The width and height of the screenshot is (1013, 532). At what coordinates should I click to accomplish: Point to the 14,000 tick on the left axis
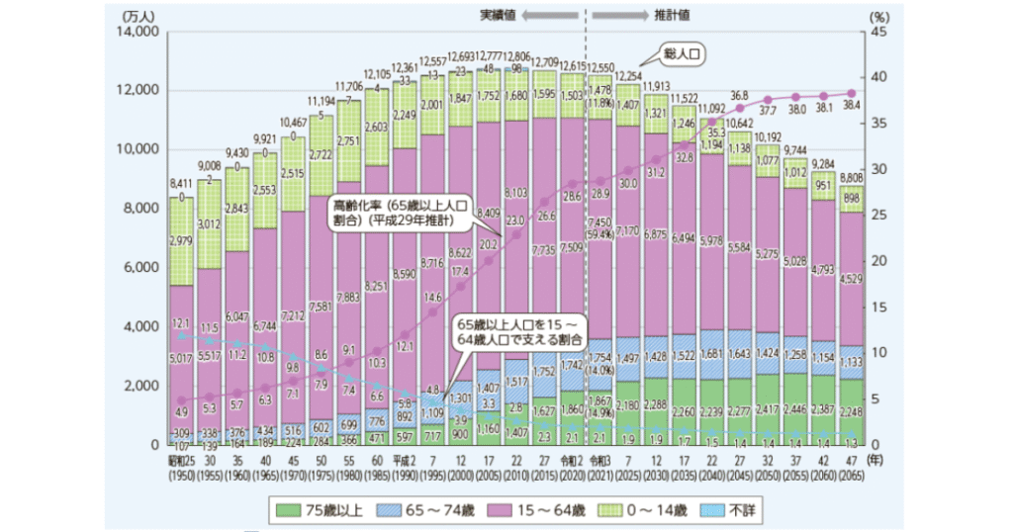point(138,32)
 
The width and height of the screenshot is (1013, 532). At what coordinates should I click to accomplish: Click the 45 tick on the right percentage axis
point(875,32)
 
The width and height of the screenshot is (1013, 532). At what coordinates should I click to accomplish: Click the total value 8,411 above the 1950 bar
point(179,184)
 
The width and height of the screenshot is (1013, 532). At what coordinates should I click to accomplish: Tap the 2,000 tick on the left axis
point(142,385)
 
